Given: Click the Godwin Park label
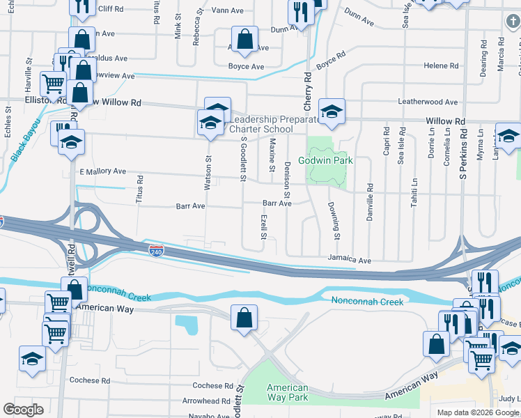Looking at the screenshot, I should [x=325, y=160].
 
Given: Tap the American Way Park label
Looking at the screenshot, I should [x=288, y=393].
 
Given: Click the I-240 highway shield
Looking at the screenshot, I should [x=157, y=249].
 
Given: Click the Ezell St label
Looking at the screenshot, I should [x=264, y=226].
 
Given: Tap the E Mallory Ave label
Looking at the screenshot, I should [x=102, y=171].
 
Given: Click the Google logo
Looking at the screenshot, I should [x=24, y=409].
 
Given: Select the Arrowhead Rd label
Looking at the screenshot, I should [x=207, y=401].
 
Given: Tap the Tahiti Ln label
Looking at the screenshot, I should [x=414, y=191].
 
